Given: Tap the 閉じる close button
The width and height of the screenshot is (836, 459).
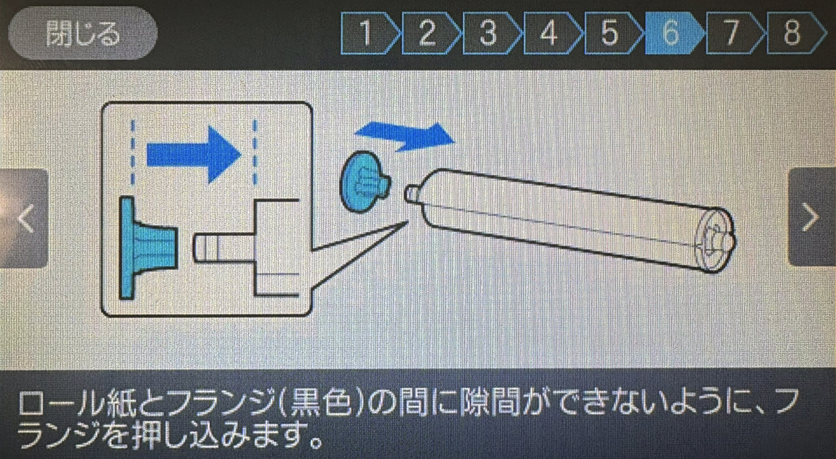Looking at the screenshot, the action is coord(82,33).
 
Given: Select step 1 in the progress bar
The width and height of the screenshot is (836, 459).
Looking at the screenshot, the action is coord(369,33).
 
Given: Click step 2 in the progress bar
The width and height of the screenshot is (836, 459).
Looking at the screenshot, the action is coord(430,33).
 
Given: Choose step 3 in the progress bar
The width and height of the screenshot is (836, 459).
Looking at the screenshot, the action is coord(491,33).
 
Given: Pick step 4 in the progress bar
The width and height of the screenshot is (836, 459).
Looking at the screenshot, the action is coord(552,33).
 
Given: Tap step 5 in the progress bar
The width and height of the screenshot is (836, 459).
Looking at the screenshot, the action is coord(613,33).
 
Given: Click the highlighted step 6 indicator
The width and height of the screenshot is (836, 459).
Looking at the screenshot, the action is coord(673,33).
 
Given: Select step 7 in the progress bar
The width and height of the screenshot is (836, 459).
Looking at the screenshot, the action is coord(734,33).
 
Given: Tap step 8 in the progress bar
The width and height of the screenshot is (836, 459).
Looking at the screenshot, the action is coord(796,33).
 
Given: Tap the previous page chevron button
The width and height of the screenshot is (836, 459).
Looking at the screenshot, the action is coord(24,218).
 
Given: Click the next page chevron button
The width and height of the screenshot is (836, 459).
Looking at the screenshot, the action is coord(812,217).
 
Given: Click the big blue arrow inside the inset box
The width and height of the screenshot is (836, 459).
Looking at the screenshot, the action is coord(193,155).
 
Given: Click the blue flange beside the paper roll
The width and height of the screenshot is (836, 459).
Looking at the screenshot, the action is coord(364,182).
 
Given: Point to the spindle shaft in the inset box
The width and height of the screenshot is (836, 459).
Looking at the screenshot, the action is coord(224,248).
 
